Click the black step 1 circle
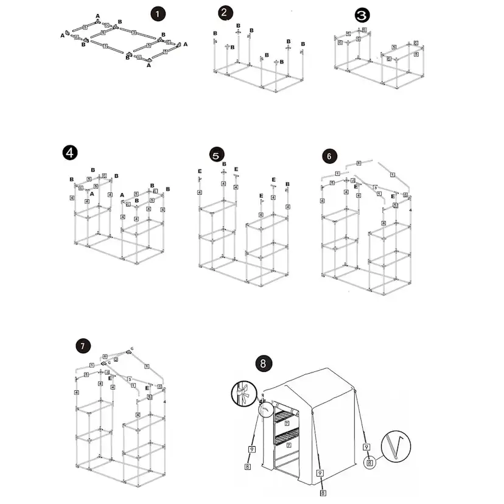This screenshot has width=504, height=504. click(158, 13)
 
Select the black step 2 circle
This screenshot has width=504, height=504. click(226, 13)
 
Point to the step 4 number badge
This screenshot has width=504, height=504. click(70, 153)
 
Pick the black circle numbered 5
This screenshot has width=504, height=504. click(216, 155)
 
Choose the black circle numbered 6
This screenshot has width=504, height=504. click(329, 156)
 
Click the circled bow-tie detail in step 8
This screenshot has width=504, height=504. click(242, 393)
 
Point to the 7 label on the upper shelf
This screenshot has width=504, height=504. click(287, 422)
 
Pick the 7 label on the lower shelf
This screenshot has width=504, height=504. click(289, 445)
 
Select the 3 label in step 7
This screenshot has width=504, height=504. click(129, 379)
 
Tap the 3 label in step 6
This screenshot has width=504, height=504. click(376, 187)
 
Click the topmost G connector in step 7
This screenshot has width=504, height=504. click(130, 351)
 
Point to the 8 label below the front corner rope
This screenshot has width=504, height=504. click(323, 492)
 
